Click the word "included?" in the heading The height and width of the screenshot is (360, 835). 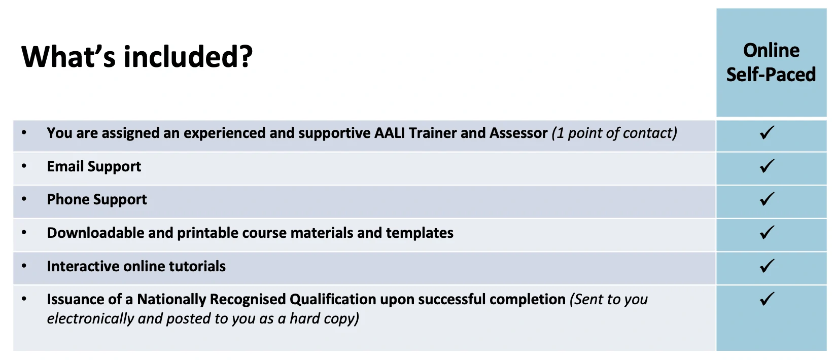click(x=188, y=57)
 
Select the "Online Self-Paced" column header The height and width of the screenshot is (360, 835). click(x=771, y=62)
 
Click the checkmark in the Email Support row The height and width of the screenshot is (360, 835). click(x=767, y=166)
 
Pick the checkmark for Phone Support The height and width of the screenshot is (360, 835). click(x=767, y=199)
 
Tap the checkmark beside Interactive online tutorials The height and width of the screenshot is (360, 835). click(x=767, y=266)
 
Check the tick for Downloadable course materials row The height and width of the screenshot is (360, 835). click(x=767, y=233)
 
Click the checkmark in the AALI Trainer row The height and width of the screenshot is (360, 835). click(x=767, y=133)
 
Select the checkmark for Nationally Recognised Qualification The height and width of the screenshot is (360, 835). click(x=767, y=299)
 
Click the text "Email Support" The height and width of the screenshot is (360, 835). click(x=94, y=167)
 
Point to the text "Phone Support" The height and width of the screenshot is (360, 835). click(x=97, y=200)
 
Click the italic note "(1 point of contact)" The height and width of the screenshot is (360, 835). click(x=614, y=133)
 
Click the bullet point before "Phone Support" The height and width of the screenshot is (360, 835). click(x=24, y=199)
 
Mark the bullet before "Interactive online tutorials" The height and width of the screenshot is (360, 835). click(x=24, y=266)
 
